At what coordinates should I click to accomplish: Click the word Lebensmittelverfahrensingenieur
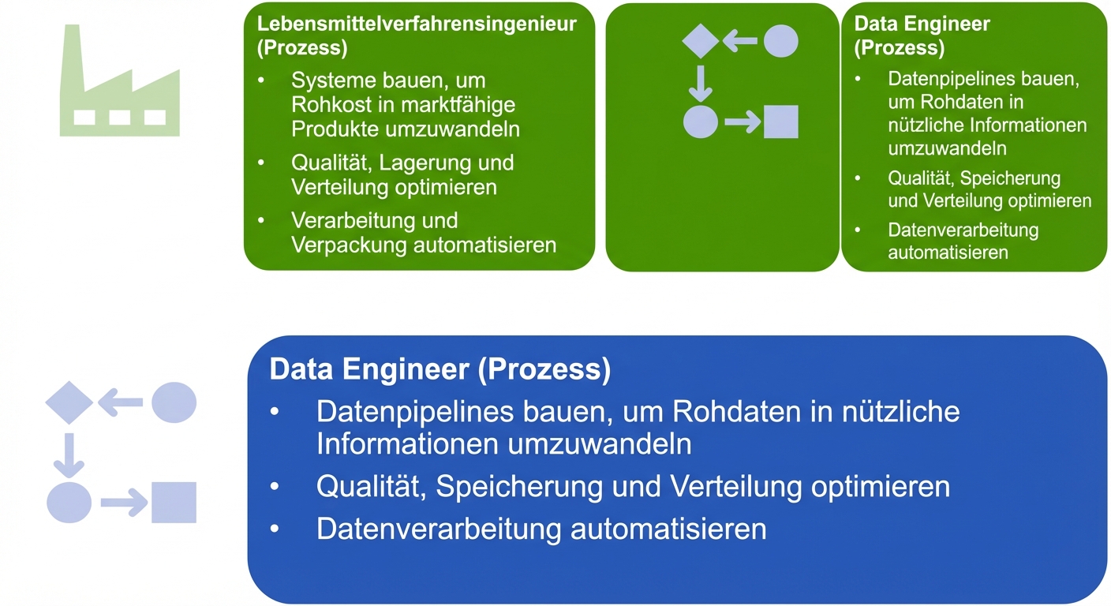pyautogui.click(x=417, y=24)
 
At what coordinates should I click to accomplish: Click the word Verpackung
pyautogui.click(x=348, y=245)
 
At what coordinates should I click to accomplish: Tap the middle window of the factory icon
pyautogui.click(x=120, y=118)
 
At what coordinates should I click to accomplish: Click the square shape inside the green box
pyautogui.click(x=781, y=122)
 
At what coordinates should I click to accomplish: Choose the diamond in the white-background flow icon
pyautogui.click(x=69, y=402)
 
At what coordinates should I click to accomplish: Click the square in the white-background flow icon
pyautogui.click(x=174, y=503)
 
